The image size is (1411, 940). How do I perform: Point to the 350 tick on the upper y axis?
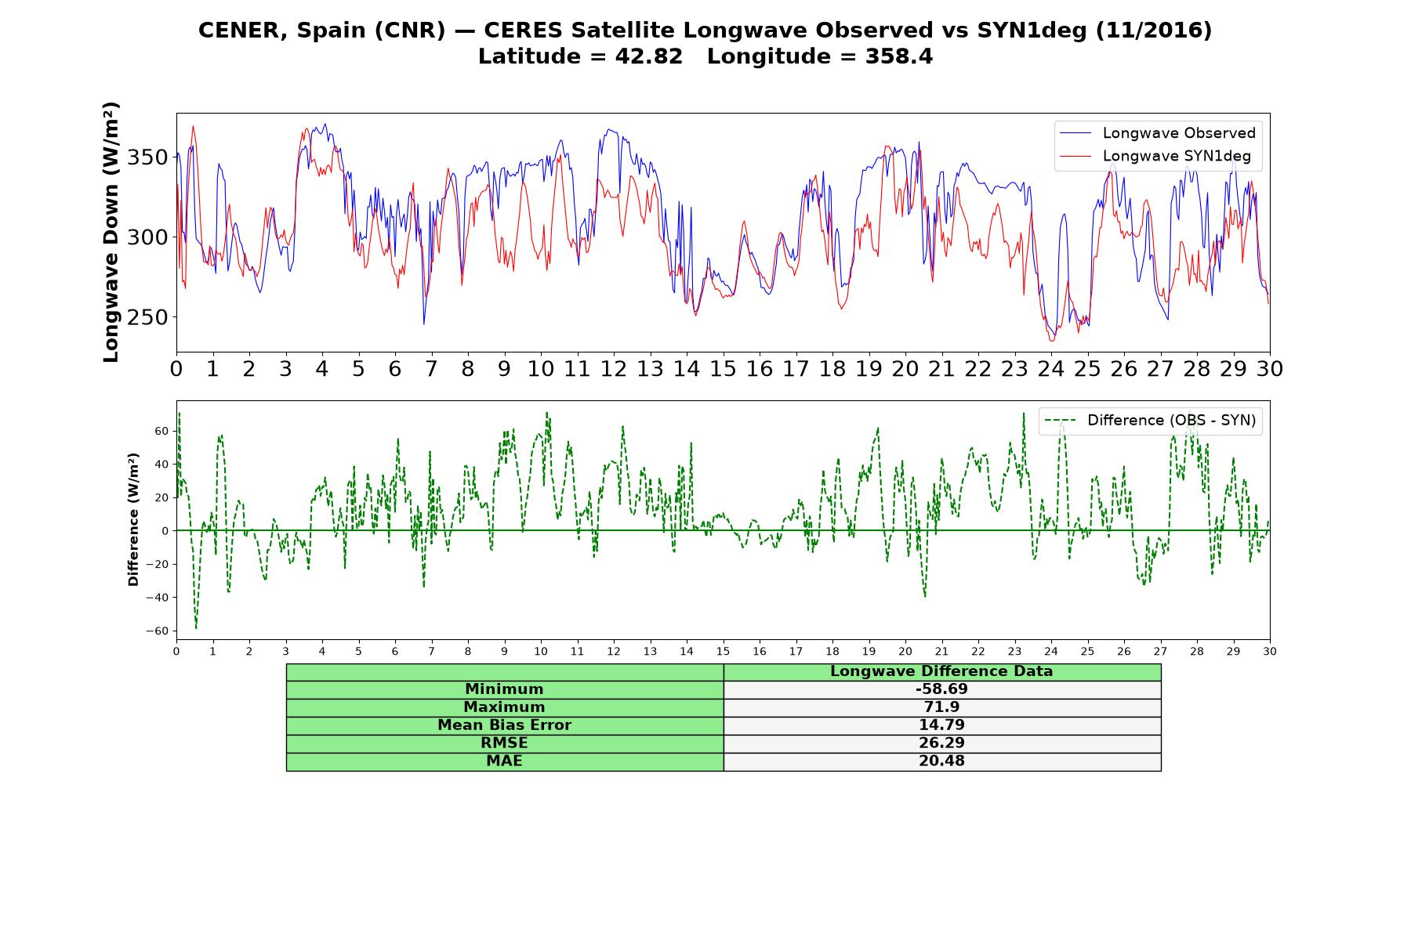(x=147, y=157)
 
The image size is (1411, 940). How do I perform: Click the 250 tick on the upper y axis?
(x=147, y=317)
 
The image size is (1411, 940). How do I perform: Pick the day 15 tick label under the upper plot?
(x=723, y=368)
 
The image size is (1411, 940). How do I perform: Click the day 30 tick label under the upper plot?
(x=1270, y=368)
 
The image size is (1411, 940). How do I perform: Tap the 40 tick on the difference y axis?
(x=162, y=465)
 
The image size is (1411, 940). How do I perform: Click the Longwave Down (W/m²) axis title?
(x=111, y=232)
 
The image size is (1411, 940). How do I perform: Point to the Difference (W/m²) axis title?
(x=133, y=519)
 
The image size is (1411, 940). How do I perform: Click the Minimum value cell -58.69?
(x=941, y=689)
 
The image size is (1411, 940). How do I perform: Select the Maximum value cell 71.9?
(x=941, y=707)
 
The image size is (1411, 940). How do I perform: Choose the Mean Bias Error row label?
(x=504, y=725)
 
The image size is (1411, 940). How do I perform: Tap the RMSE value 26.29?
(x=941, y=743)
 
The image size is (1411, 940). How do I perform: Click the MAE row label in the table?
(x=504, y=761)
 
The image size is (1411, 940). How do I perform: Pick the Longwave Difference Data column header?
(x=941, y=671)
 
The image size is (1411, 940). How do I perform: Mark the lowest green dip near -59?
(x=196, y=628)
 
